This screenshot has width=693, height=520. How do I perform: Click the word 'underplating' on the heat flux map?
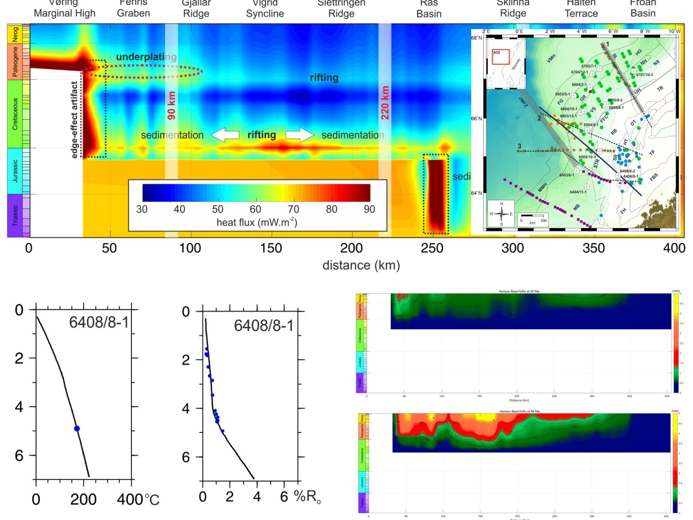pyautogui.click(x=146, y=57)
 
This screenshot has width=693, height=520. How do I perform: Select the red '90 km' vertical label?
pyautogui.click(x=172, y=105)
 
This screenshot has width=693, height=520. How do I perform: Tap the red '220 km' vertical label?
pyautogui.click(x=385, y=103)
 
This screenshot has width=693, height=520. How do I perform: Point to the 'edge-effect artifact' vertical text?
pyautogui.click(x=74, y=119)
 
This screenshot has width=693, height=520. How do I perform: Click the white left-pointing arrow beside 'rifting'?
pyautogui.click(x=225, y=135)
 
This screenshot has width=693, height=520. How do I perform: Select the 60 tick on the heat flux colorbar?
pyautogui.click(x=255, y=209)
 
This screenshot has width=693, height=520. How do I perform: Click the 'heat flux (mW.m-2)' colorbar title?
pyautogui.click(x=257, y=222)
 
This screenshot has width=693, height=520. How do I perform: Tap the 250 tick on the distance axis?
pyautogui.click(x=432, y=248)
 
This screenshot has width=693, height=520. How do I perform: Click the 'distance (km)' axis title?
pyautogui.click(x=361, y=265)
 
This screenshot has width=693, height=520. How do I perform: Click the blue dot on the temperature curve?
pyautogui.click(x=77, y=429)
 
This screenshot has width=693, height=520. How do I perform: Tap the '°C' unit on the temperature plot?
pyautogui.click(x=152, y=500)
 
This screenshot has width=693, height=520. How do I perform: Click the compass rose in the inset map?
pyautogui.click(x=501, y=214)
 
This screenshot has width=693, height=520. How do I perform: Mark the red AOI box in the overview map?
pyautogui.click(x=500, y=57)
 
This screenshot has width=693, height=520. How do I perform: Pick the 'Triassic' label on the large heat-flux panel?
pyautogui.click(x=15, y=215)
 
